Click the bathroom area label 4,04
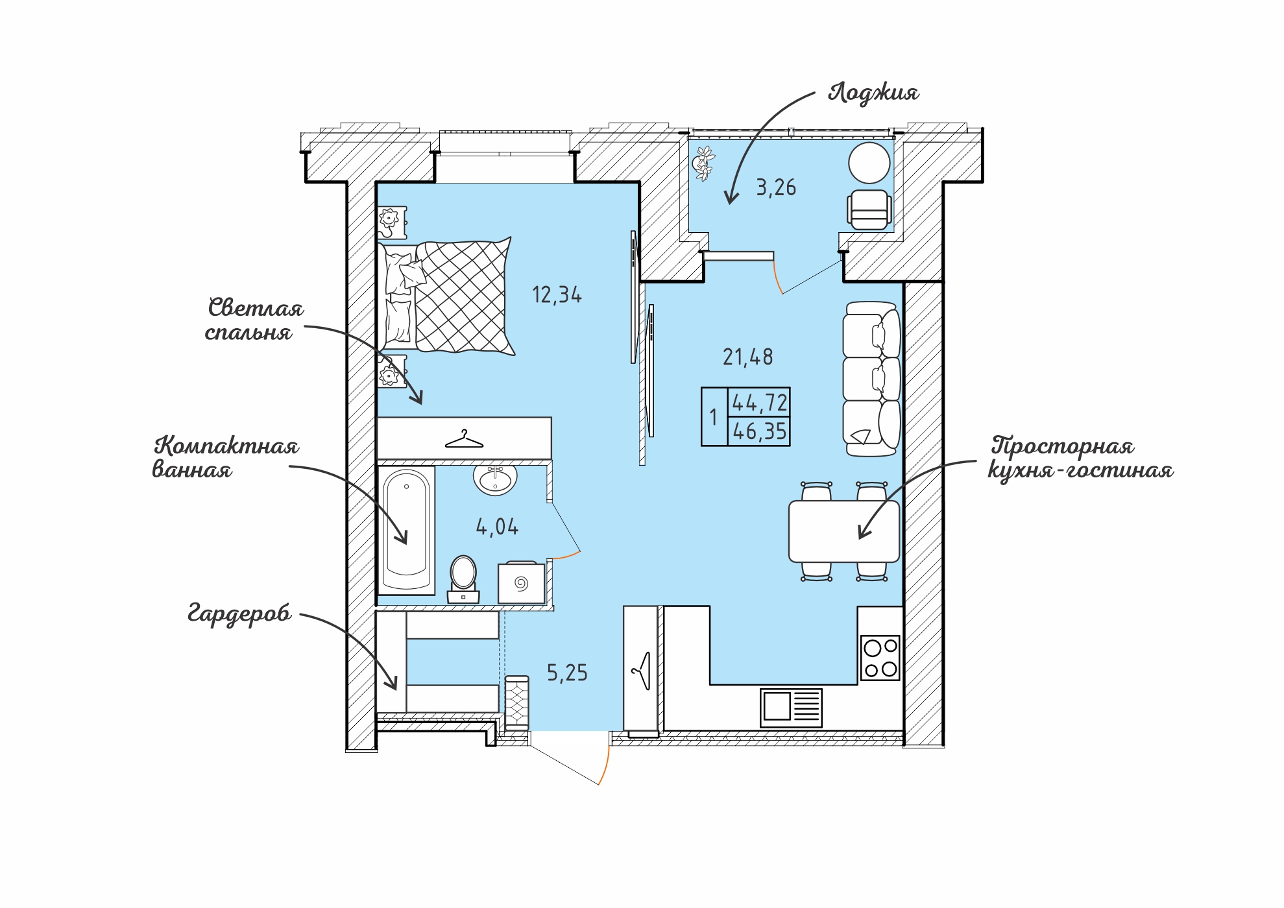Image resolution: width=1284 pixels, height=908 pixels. coord(497,527)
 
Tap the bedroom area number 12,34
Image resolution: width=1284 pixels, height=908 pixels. coord(557,295)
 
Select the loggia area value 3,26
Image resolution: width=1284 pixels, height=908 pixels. coord(776,187)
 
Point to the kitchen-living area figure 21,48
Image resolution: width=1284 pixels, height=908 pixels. coord(748,357)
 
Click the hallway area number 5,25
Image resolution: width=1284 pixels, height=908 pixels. coord(567,673)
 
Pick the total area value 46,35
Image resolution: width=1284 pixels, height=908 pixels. coord(760,431)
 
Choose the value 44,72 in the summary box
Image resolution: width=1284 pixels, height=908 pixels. coord(760,403)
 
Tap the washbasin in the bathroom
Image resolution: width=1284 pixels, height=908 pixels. coord(495,479)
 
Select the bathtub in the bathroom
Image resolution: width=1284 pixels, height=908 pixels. coord(406,530)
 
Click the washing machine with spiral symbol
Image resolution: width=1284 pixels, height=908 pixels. coord(522,583)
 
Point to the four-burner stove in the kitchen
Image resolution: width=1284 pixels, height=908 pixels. coord(880,658)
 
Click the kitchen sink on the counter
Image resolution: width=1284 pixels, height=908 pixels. coord(791,708)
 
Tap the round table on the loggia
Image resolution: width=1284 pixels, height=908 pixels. coord(869,163)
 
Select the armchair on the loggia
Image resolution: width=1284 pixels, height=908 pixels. coord(869,209)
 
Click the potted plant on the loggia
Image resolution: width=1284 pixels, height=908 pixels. coord(703,163)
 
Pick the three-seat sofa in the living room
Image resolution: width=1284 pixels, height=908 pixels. coord(871,379)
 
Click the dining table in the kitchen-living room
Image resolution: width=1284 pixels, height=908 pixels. coord(844,531)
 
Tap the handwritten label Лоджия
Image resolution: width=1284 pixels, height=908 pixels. coord(873,93)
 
